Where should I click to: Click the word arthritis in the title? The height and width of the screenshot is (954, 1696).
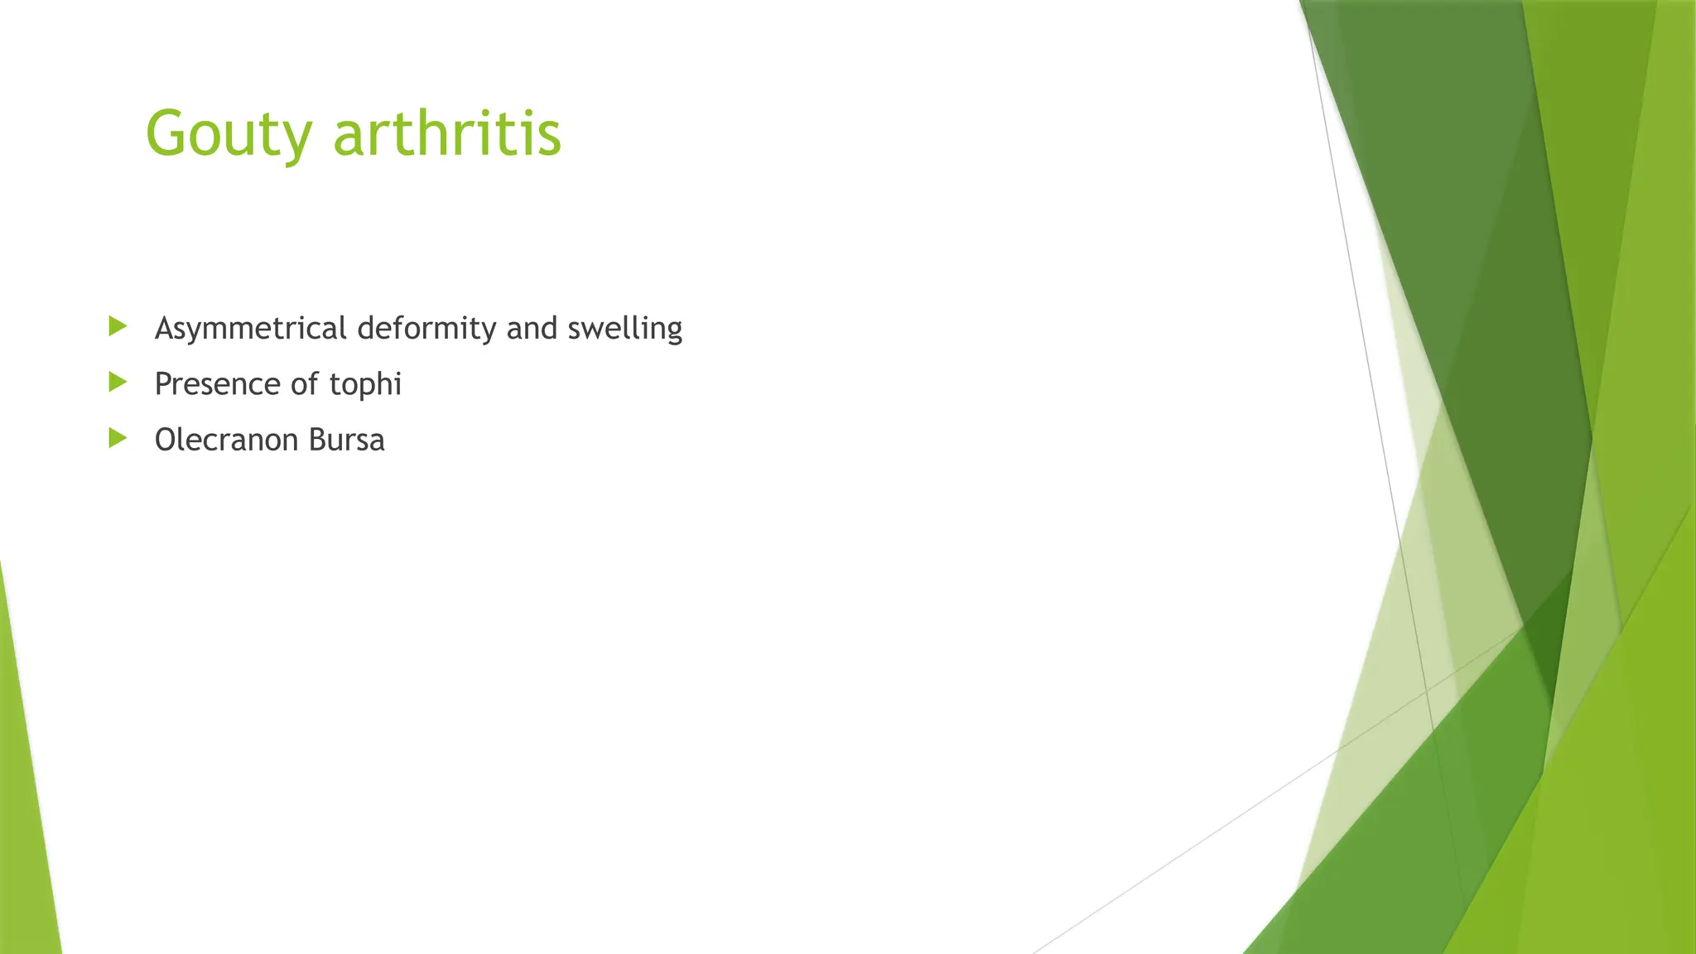point(447,132)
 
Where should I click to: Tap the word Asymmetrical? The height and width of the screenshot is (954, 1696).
point(251,329)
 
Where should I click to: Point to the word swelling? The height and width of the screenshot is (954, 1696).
point(624,329)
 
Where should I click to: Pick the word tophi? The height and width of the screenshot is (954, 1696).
point(365,384)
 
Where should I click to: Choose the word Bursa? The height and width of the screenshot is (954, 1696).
point(346,440)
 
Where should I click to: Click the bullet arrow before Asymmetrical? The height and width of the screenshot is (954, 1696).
point(118,326)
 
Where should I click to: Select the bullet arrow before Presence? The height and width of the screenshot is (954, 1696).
point(118,382)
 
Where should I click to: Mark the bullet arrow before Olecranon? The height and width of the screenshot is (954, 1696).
point(118,437)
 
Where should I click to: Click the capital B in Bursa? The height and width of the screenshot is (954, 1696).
point(317,440)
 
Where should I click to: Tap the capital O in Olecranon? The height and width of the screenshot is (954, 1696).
point(166,440)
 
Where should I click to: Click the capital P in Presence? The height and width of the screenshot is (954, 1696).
point(162,384)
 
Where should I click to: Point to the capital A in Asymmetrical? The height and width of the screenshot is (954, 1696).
point(165,329)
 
